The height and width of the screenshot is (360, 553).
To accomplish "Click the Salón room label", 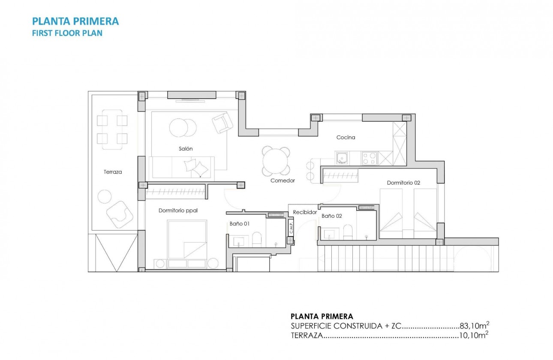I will (x=186, y=149).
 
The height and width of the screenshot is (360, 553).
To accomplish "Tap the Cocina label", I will (x=346, y=138).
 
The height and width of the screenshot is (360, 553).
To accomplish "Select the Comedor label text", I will (x=283, y=181).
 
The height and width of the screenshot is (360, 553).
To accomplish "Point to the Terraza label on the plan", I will (x=113, y=172).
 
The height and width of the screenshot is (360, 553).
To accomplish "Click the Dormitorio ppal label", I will (x=178, y=210).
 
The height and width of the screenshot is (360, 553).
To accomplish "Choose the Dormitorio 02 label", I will (x=403, y=183).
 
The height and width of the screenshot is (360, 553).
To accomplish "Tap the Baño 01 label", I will (x=240, y=223).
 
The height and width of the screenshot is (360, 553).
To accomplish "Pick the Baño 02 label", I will (x=332, y=216).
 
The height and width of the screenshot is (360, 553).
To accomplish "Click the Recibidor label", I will (x=305, y=212).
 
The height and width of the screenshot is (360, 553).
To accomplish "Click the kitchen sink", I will (x=342, y=159).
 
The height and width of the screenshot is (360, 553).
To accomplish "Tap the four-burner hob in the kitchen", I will (x=370, y=159).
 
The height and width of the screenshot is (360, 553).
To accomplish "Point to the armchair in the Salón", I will (x=222, y=123).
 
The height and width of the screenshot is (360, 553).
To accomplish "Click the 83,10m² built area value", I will (x=475, y=326).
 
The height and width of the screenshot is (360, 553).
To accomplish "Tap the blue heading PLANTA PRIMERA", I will (x=75, y=21).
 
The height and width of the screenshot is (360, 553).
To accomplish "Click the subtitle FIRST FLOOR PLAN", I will (x=67, y=33).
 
